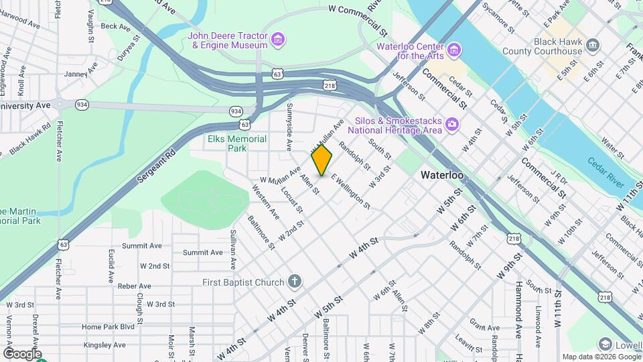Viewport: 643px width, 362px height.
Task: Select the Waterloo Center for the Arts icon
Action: coord(454,50)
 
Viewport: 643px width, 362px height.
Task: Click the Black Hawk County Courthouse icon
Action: coord(593,46)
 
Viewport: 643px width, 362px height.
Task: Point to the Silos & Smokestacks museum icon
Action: coord(452,124)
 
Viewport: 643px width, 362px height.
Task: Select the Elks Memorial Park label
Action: coord(237,143)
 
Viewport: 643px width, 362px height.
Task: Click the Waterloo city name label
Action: coord(442,175)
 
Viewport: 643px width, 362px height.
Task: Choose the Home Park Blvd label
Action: coord(108,326)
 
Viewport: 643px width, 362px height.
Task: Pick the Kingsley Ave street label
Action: coord(104,345)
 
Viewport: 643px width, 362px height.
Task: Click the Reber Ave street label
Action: coord(135,286)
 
